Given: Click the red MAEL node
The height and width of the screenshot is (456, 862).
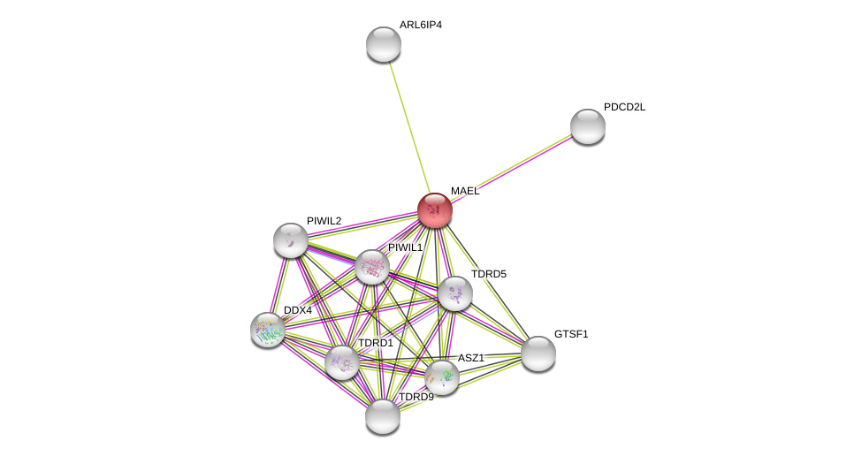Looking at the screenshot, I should click(x=435, y=210).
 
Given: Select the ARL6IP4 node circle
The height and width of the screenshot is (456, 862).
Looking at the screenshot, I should click(x=384, y=44).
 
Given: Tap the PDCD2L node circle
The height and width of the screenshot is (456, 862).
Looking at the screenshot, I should click(x=588, y=126).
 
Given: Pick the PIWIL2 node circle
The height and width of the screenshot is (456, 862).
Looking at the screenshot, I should click(x=291, y=240).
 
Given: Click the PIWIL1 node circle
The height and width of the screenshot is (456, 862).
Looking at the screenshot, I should click(x=372, y=267).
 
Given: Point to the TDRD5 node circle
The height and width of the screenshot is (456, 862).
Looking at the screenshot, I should click(x=455, y=293).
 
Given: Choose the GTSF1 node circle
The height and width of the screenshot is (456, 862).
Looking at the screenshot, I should click(x=538, y=353).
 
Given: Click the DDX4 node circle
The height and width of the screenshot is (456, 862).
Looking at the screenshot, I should click(x=268, y=330).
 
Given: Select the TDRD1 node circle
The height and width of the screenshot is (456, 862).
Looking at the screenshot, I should click(x=342, y=362).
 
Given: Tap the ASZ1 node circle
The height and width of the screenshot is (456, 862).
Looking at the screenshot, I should click(x=442, y=377).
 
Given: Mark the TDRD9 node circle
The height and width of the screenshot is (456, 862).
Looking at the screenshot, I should click(x=383, y=416).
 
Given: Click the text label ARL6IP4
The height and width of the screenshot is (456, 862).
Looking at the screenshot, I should click(x=420, y=25).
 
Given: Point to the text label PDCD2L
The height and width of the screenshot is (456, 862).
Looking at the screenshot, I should click(x=624, y=107).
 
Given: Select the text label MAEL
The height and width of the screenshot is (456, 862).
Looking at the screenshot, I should click(x=464, y=191).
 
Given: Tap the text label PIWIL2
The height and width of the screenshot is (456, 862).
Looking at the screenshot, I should click(x=324, y=221).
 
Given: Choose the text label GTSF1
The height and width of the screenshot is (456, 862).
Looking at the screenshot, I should click(x=570, y=334).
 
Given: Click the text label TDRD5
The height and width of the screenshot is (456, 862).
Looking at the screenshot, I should click(x=488, y=274).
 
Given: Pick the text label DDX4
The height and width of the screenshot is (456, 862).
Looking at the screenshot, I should click(x=297, y=310).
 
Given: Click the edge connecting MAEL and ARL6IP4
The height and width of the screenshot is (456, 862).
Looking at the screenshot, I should click(x=409, y=127).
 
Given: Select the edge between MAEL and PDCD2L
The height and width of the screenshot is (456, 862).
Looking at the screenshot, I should click(x=511, y=168).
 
